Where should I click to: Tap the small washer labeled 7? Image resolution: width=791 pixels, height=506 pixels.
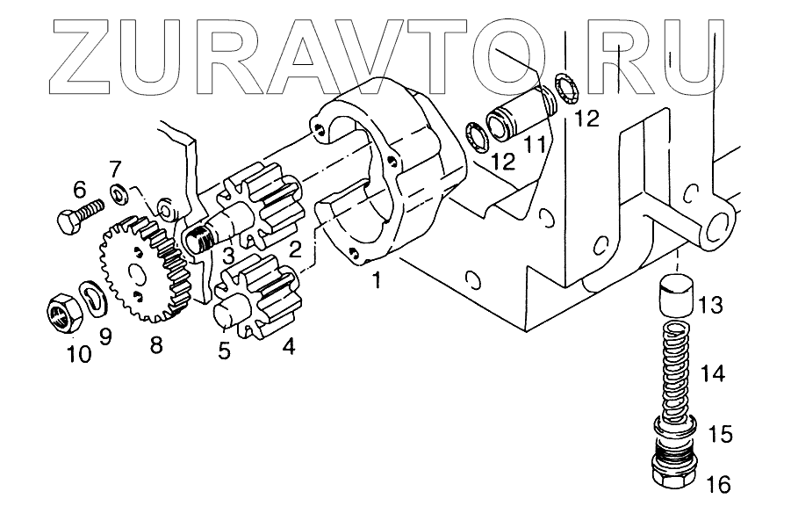pyautogui.click(x=117, y=192)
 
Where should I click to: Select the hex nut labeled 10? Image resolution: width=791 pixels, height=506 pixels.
pyautogui.click(x=60, y=313)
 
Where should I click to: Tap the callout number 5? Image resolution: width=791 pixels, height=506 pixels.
pyautogui.click(x=224, y=351)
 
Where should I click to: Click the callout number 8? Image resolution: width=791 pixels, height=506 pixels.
pyautogui.click(x=155, y=346)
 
